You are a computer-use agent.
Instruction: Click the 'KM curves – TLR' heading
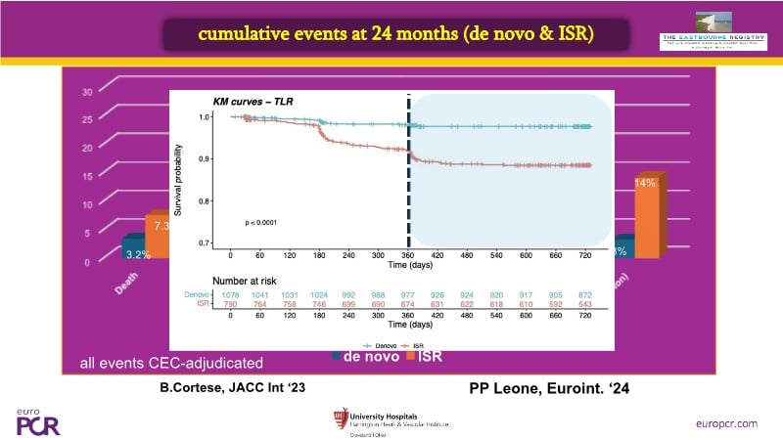(254, 101)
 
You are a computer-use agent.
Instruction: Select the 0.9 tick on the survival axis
(206, 158)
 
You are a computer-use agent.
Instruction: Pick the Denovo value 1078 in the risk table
(231, 293)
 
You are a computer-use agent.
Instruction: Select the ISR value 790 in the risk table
(231, 304)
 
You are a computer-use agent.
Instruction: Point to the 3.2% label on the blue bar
(137, 252)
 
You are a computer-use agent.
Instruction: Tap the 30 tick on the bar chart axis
(86, 93)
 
